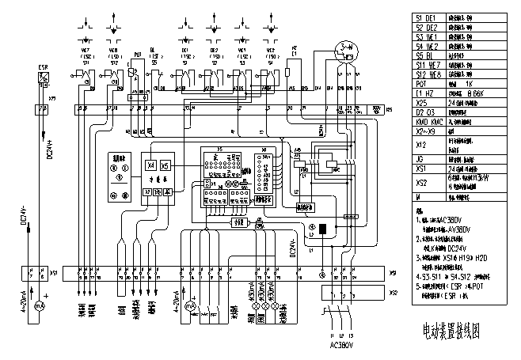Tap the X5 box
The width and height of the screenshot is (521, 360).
pos(165,166)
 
